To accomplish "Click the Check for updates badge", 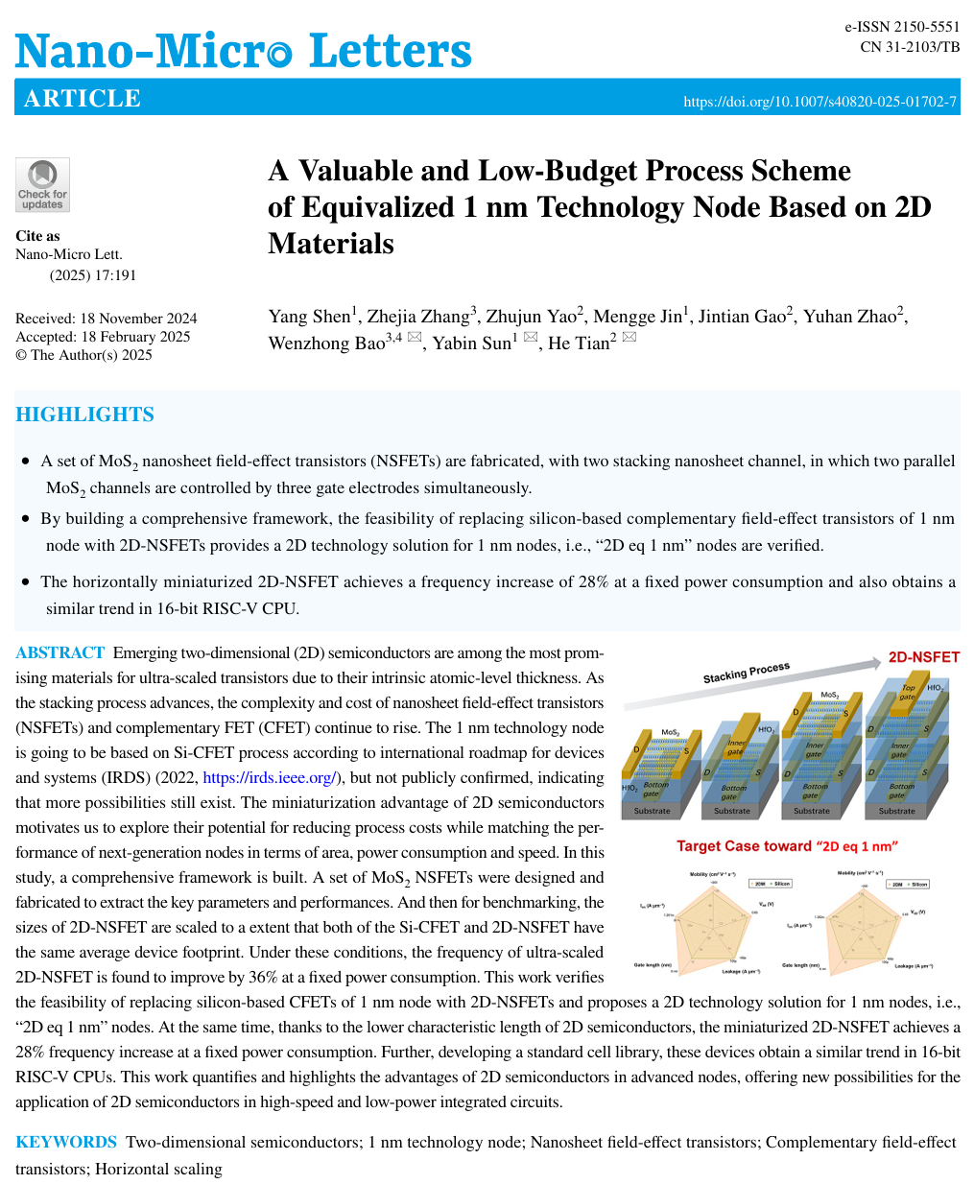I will point(42,184).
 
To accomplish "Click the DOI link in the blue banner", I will point(820,102).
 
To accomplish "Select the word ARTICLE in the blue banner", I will point(83,99).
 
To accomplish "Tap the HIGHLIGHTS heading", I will point(84,414).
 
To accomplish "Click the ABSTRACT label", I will point(59,653).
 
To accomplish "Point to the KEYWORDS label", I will point(65,1142).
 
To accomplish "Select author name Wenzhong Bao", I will point(326,343).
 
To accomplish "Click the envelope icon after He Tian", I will point(630,338).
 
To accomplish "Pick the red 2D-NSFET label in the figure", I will point(923,657).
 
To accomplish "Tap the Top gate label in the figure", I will point(908,692).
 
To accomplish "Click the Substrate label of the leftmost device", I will point(653,811).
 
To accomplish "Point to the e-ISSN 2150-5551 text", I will point(902,28).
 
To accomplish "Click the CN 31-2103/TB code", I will point(910,47).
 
